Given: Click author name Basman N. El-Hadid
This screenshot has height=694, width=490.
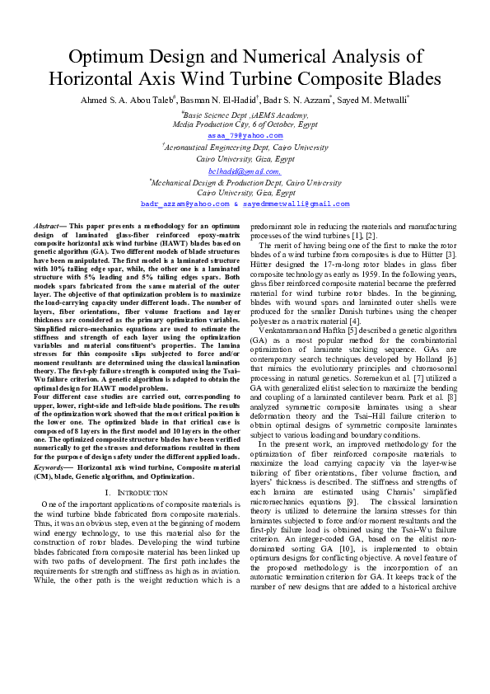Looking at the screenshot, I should click(235, 100).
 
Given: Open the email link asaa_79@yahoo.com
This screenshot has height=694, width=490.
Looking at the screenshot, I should click(245, 135).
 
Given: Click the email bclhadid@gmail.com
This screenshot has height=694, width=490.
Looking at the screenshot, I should click(245, 171).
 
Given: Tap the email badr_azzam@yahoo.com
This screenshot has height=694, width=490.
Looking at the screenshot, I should click(184, 203).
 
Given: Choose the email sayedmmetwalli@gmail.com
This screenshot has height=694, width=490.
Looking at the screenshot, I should click(297, 203).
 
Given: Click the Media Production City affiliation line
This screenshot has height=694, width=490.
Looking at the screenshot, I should click(245, 124).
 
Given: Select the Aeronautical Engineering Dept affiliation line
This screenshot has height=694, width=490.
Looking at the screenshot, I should click(245, 148).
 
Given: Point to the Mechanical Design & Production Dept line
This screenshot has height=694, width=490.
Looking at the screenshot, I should click(245, 182).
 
